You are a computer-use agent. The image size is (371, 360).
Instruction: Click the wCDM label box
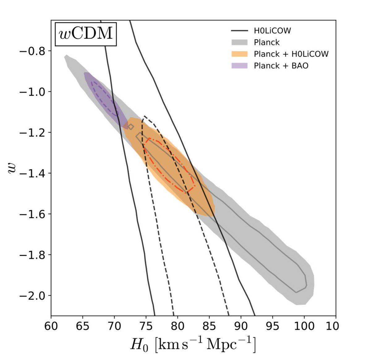(86, 33)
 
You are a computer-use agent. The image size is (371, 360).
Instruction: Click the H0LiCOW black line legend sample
(239, 31)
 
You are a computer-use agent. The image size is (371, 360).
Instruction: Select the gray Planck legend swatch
(239, 42)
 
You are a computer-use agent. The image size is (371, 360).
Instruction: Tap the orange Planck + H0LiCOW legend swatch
(239, 54)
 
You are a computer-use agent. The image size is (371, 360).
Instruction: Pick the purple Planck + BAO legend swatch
(239, 66)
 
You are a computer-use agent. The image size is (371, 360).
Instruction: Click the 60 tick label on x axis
(51, 326)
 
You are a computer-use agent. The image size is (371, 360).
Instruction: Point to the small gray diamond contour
(131, 127)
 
